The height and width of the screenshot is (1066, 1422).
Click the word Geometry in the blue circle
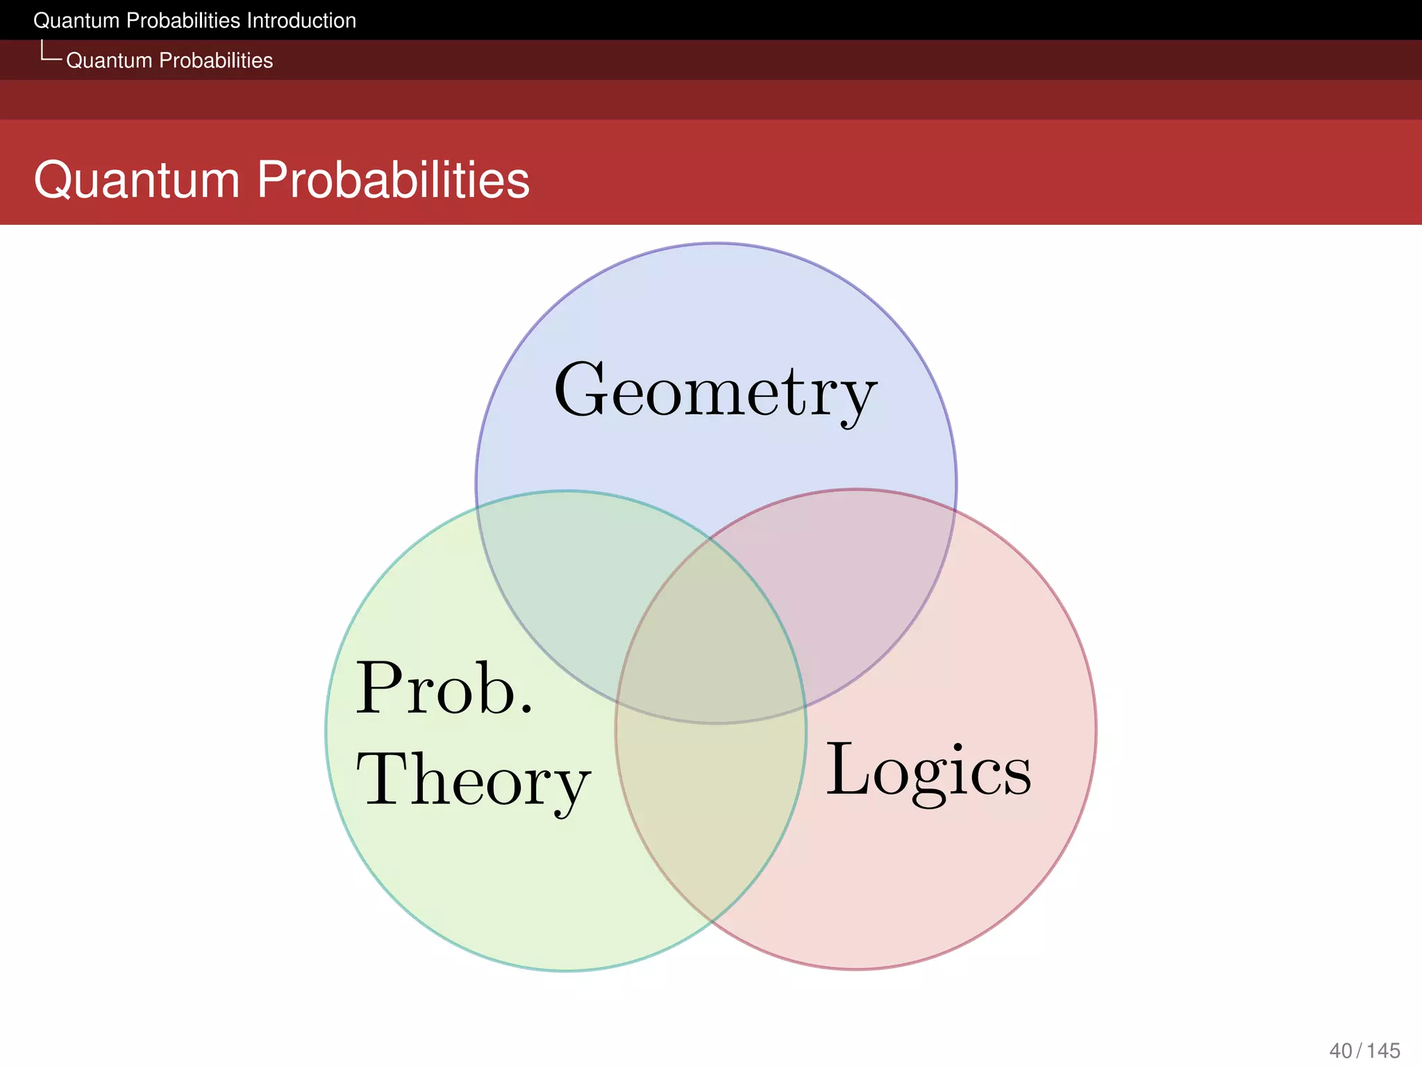(715, 392)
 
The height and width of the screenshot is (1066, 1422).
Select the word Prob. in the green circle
(444, 688)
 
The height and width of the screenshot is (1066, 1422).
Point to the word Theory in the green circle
(473, 781)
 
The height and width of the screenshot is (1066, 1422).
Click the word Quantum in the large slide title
(137, 180)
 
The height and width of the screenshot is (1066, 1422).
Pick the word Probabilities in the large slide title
(393, 180)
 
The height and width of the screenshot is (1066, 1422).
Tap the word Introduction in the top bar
(301, 21)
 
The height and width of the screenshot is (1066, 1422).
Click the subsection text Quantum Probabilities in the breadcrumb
(169, 60)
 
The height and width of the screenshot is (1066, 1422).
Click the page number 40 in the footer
(1341, 1051)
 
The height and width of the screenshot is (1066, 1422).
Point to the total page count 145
(1383, 1051)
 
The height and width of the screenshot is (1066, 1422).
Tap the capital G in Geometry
(582, 390)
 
